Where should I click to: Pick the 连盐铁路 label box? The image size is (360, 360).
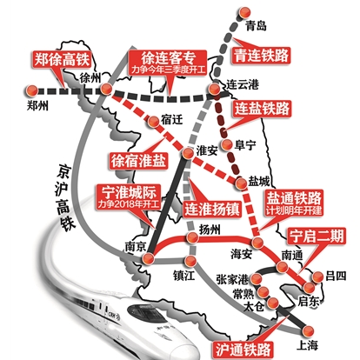tap(262, 109)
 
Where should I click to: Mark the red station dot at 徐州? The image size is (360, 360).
tap(105, 89)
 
